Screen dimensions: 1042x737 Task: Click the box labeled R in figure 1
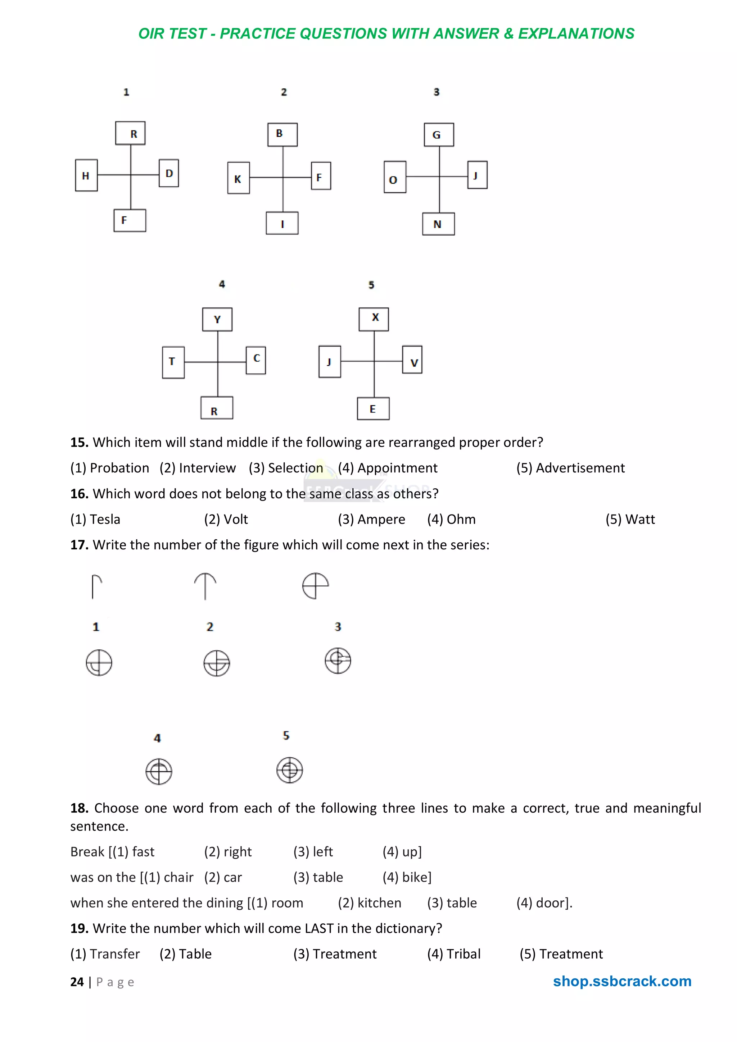[x=130, y=133]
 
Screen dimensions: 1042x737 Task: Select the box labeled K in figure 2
[x=238, y=178]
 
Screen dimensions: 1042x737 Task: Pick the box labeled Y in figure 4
[x=217, y=320]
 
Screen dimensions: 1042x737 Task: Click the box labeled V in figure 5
[x=412, y=360]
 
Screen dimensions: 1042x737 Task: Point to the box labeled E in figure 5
[x=373, y=408]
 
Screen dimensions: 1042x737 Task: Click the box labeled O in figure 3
[x=395, y=177]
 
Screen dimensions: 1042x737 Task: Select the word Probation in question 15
[x=119, y=468]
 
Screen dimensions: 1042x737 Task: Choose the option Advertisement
[x=580, y=468]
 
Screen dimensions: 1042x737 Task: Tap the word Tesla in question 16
[x=105, y=519]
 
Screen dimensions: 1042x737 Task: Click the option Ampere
[x=381, y=519]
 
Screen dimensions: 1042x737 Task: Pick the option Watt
[x=640, y=519]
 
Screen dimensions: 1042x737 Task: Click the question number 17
[x=79, y=545]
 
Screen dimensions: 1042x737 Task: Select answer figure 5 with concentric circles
[x=290, y=770]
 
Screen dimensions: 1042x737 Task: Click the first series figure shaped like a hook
[x=96, y=586]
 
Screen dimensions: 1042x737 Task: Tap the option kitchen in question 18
[x=379, y=903]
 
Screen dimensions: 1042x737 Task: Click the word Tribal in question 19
[x=463, y=954]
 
